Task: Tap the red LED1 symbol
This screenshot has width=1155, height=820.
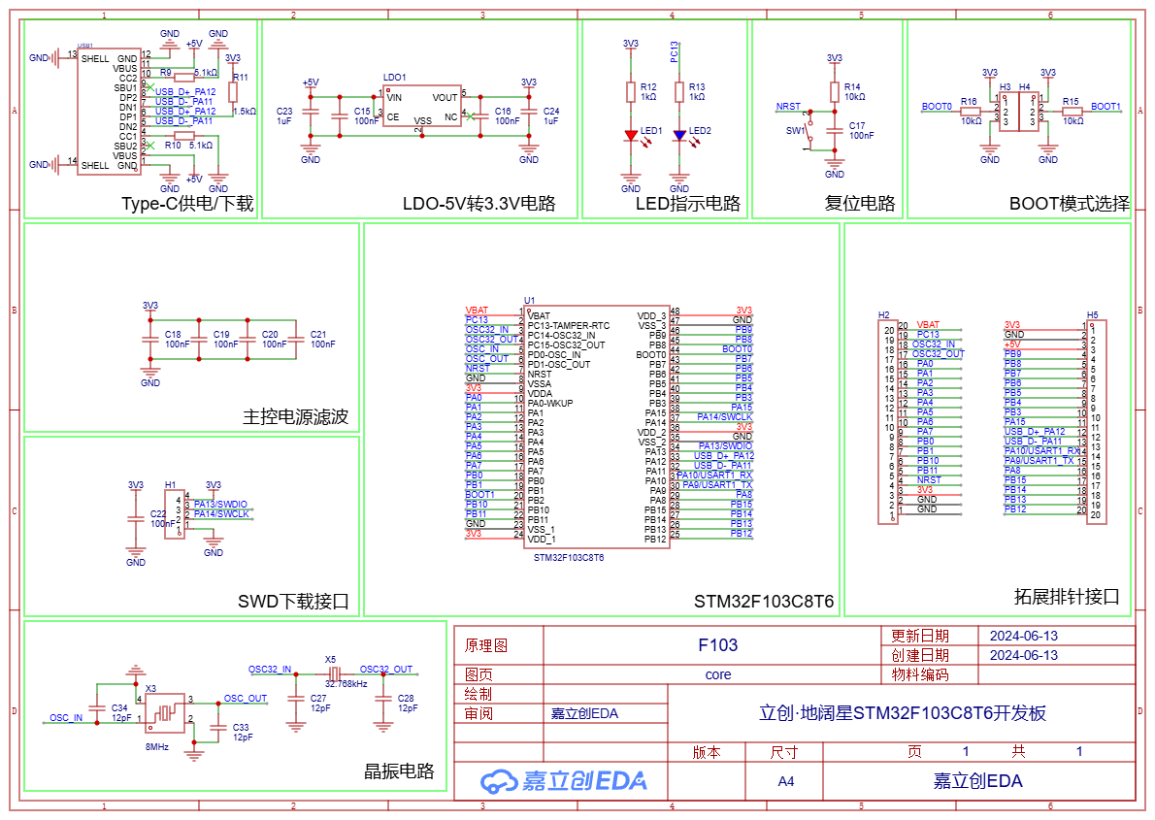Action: click(x=631, y=136)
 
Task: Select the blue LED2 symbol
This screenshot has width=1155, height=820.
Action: click(x=679, y=136)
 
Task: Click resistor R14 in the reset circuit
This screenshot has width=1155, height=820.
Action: click(x=835, y=91)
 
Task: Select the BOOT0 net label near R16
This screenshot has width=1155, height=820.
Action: click(x=937, y=107)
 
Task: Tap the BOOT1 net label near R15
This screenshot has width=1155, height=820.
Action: click(x=1105, y=107)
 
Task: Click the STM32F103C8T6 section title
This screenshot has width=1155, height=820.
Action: click(x=764, y=602)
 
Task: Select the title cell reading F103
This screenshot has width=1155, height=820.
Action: click(x=718, y=645)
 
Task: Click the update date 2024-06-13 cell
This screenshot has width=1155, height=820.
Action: click(x=1023, y=636)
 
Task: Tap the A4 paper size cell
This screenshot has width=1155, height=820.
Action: click(x=784, y=780)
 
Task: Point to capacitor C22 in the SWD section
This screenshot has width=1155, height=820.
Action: click(x=136, y=518)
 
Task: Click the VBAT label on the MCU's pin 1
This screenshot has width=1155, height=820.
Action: click(x=478, y=311)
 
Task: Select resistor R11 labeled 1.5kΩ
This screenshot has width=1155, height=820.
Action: click(x=233, y=91)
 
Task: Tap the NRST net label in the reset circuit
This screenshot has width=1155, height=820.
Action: click(x=789, y=107)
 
